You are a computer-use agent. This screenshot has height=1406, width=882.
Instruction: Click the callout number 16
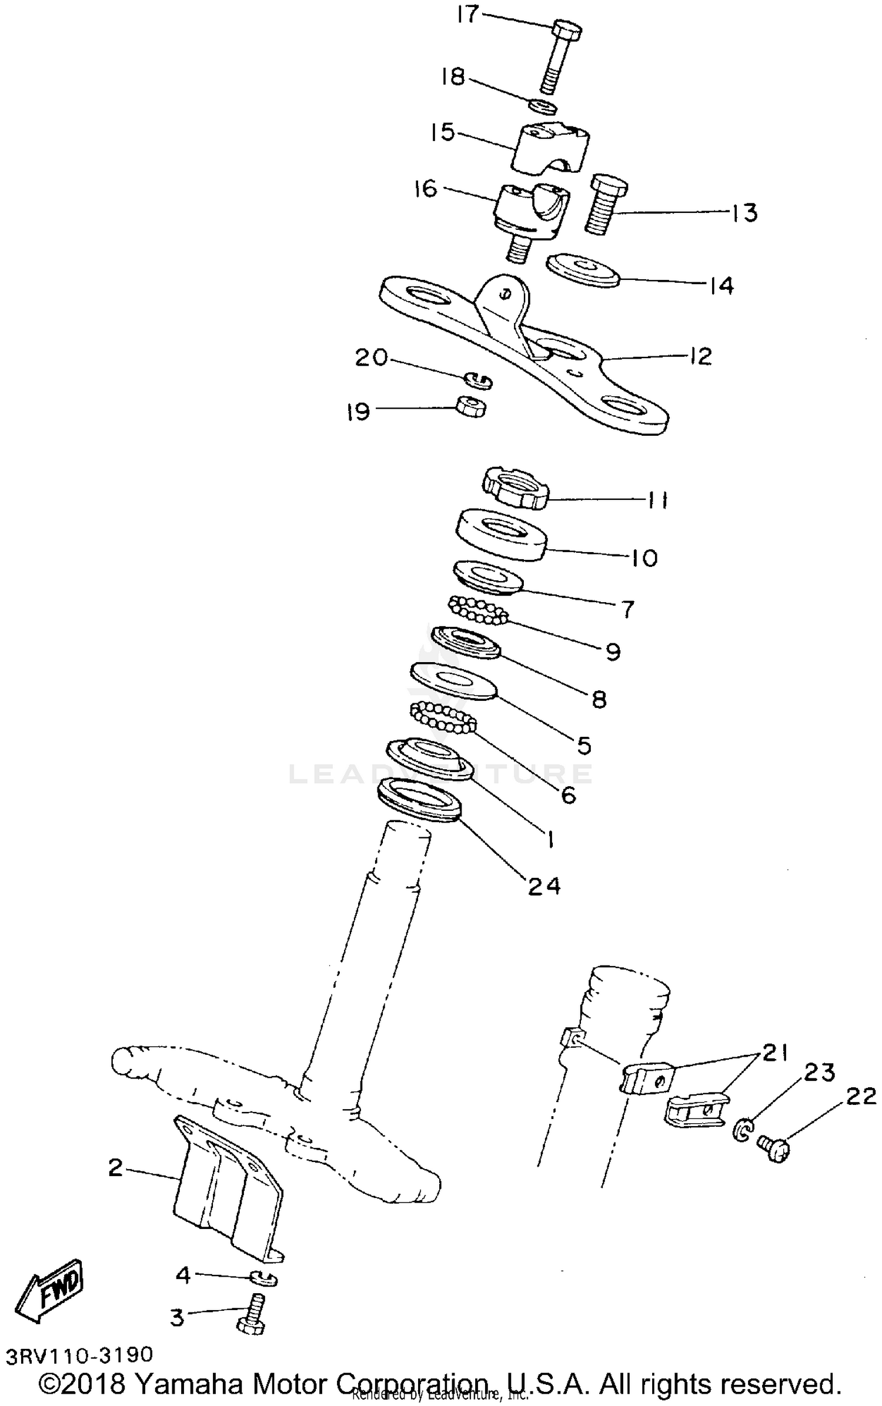click(426, 189)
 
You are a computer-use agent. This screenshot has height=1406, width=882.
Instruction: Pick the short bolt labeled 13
click(604, 205)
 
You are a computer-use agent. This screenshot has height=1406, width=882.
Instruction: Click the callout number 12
click(700, 356)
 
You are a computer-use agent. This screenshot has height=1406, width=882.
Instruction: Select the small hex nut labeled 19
click(471, 406)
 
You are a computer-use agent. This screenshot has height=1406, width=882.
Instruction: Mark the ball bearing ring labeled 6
click(443, 717)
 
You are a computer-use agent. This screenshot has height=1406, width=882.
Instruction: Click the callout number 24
click(544, 886)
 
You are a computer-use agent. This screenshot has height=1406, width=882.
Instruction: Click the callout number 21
click(774, 1052)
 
